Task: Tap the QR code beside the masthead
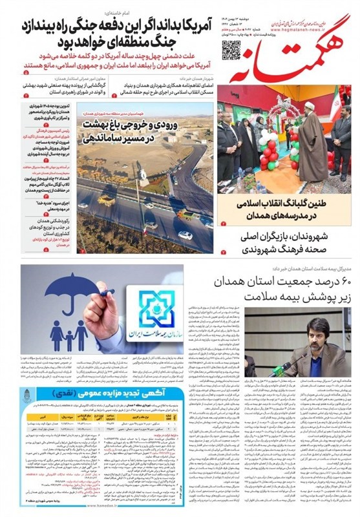pyautogui.click(x=231, y=48)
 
